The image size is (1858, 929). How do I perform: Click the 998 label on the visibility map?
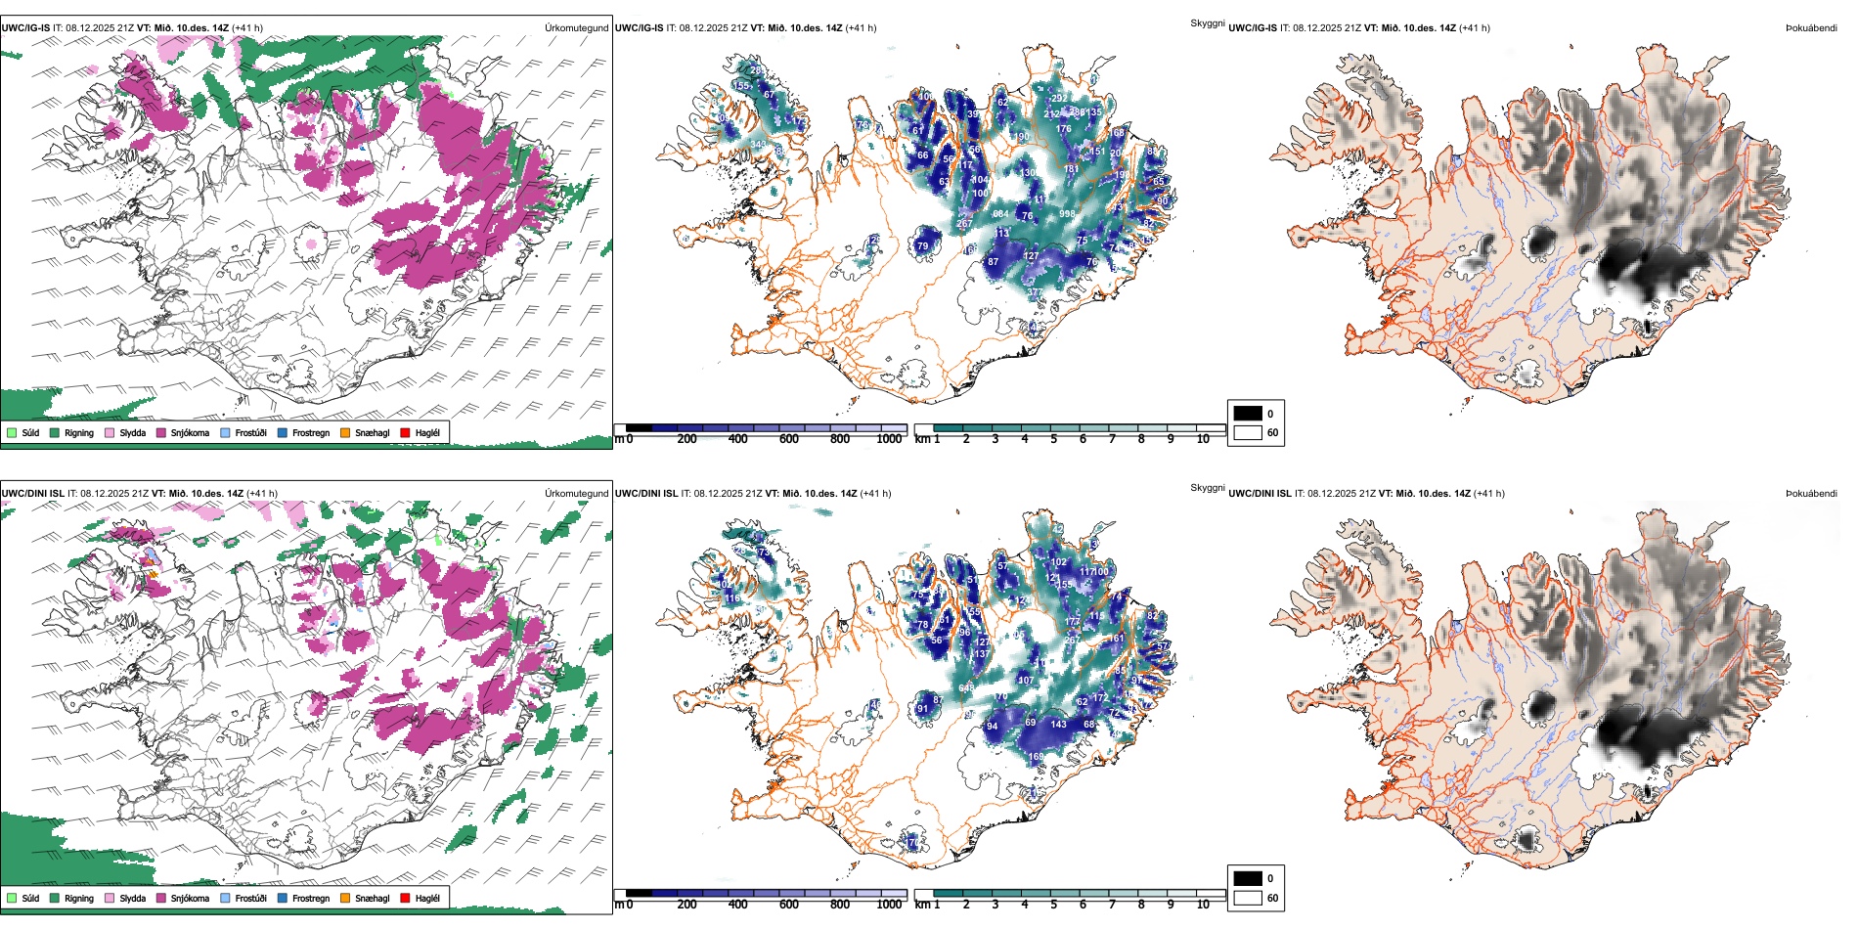point(1067,213)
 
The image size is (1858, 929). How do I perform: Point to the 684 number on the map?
point(1000,213)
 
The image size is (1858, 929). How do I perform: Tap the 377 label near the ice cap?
point(1034,292)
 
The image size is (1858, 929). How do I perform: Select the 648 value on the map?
point(966,688)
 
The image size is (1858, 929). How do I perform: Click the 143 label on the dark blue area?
point(1058,725)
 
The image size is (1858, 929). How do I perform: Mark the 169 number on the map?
point(1036,756)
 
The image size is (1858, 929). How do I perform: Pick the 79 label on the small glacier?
point(922,246)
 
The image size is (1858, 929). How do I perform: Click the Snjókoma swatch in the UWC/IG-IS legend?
point(161,432)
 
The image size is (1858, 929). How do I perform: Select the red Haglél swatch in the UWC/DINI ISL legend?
point(405,898)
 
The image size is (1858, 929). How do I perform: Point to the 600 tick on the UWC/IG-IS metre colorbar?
point(789,439)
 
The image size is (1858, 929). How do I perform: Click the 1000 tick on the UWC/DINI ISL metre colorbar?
point(889,905)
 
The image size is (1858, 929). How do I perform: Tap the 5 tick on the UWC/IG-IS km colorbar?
point(1053,439)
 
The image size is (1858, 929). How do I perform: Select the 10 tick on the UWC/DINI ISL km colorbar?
point(1203,905)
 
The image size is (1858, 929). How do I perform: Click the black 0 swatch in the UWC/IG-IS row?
point(1248,414)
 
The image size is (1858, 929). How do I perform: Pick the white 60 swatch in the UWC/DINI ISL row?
point(1248,898)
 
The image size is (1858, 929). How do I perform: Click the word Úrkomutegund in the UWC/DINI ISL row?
point(576,493)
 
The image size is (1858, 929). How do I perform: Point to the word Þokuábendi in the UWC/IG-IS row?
point(1811,27)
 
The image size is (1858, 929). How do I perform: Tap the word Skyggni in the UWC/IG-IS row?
point(1207,22)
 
